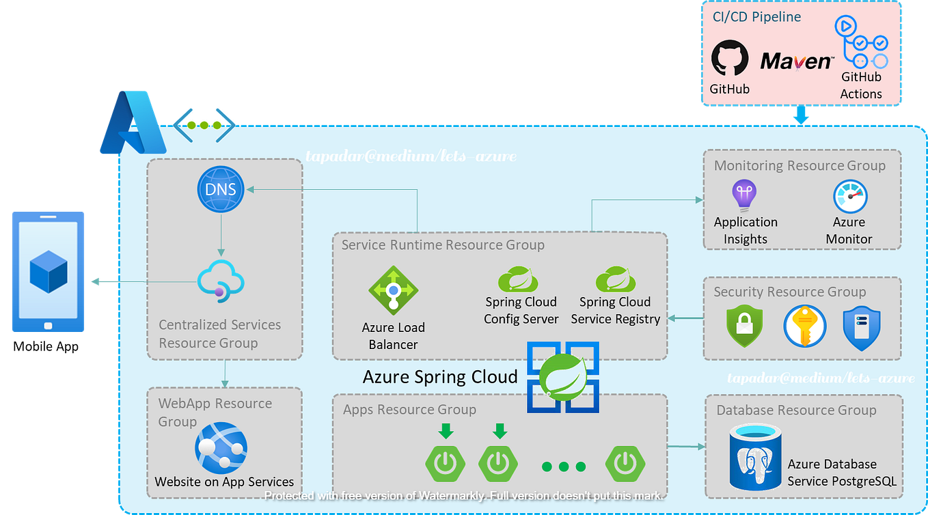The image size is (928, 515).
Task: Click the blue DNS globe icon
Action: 221,188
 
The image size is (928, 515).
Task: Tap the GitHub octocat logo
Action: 730,58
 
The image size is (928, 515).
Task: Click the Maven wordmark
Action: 796,61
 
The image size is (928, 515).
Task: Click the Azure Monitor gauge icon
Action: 850,197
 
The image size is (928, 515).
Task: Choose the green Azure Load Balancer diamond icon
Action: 392,290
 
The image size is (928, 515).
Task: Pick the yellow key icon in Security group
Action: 804,326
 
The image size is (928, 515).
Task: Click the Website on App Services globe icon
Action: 220,448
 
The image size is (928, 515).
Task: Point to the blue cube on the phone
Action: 49,272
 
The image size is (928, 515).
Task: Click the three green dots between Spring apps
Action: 563,467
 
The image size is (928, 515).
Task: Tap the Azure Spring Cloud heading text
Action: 439,376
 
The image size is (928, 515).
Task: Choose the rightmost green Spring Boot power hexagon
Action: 625,464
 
